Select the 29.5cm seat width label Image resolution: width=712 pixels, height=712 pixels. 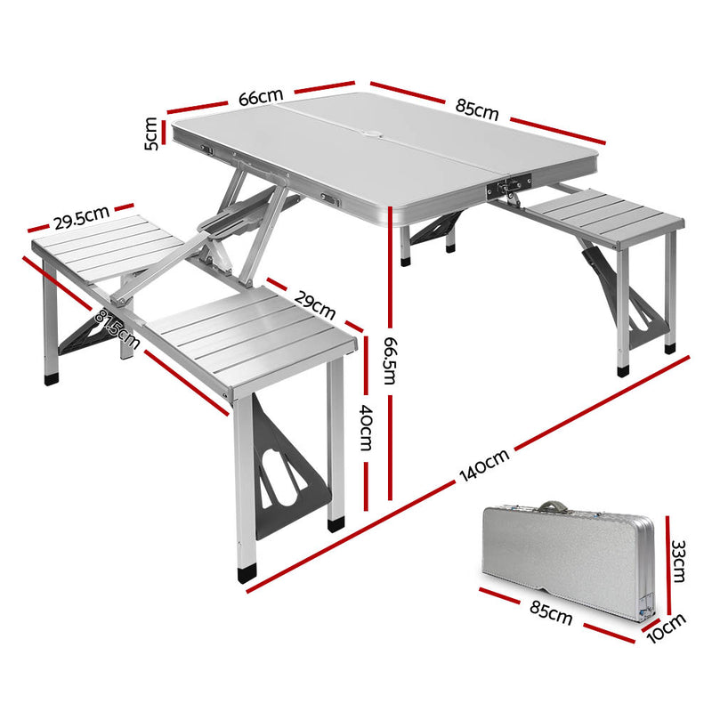[80, 216]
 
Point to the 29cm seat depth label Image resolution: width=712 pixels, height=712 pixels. [314, 304]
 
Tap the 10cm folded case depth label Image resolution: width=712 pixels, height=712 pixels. [666, 628]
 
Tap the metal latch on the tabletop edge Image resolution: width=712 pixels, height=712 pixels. [503, 188]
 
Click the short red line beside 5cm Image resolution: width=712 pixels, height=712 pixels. [165, 133]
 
